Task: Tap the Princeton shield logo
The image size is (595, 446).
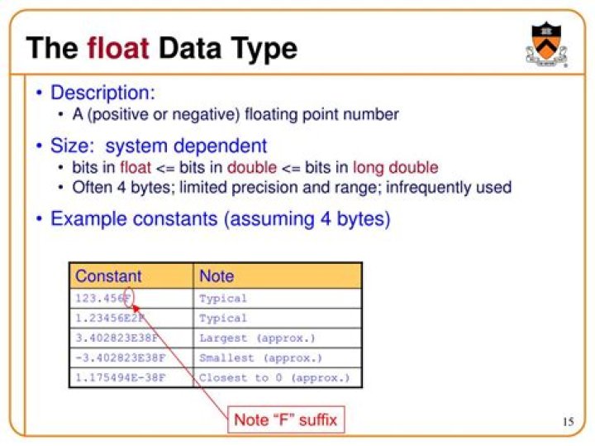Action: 546,45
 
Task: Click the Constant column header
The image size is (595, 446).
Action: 108,276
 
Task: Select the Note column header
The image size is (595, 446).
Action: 217,276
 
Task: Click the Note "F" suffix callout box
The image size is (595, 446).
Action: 286,420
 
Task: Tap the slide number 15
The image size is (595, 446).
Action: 567,421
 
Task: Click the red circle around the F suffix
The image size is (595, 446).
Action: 128,298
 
